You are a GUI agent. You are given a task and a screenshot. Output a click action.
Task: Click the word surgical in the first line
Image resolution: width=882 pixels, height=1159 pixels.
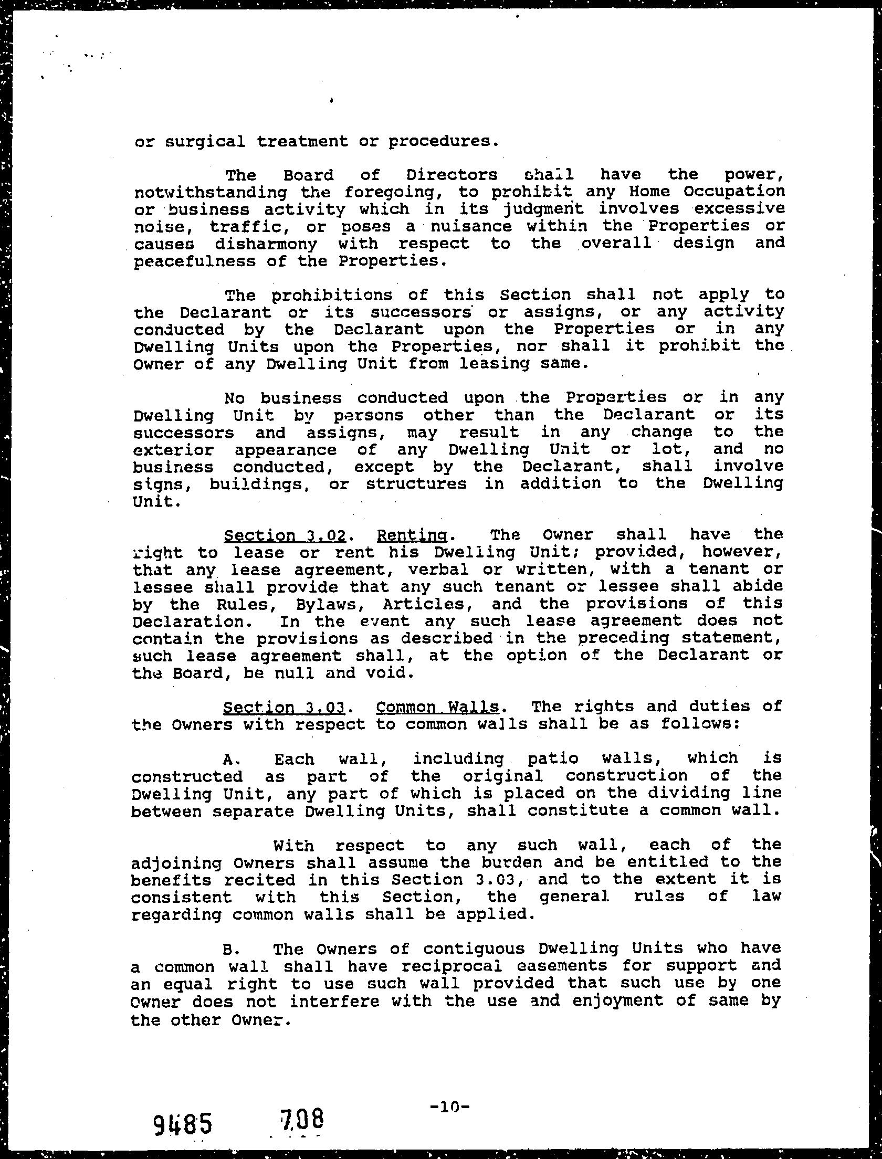coord(205,142)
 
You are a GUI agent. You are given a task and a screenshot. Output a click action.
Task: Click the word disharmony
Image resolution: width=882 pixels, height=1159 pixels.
coord(266,244)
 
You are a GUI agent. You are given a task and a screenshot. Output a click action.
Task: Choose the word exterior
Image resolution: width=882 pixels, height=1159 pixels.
coord(173,450)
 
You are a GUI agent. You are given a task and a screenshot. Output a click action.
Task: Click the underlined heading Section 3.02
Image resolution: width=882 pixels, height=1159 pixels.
coord(285,536)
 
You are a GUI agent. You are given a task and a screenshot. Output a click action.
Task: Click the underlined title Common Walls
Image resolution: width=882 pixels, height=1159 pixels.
coord(437,707)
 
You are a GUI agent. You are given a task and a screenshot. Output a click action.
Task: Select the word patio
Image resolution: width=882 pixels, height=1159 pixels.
coord(552,758)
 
